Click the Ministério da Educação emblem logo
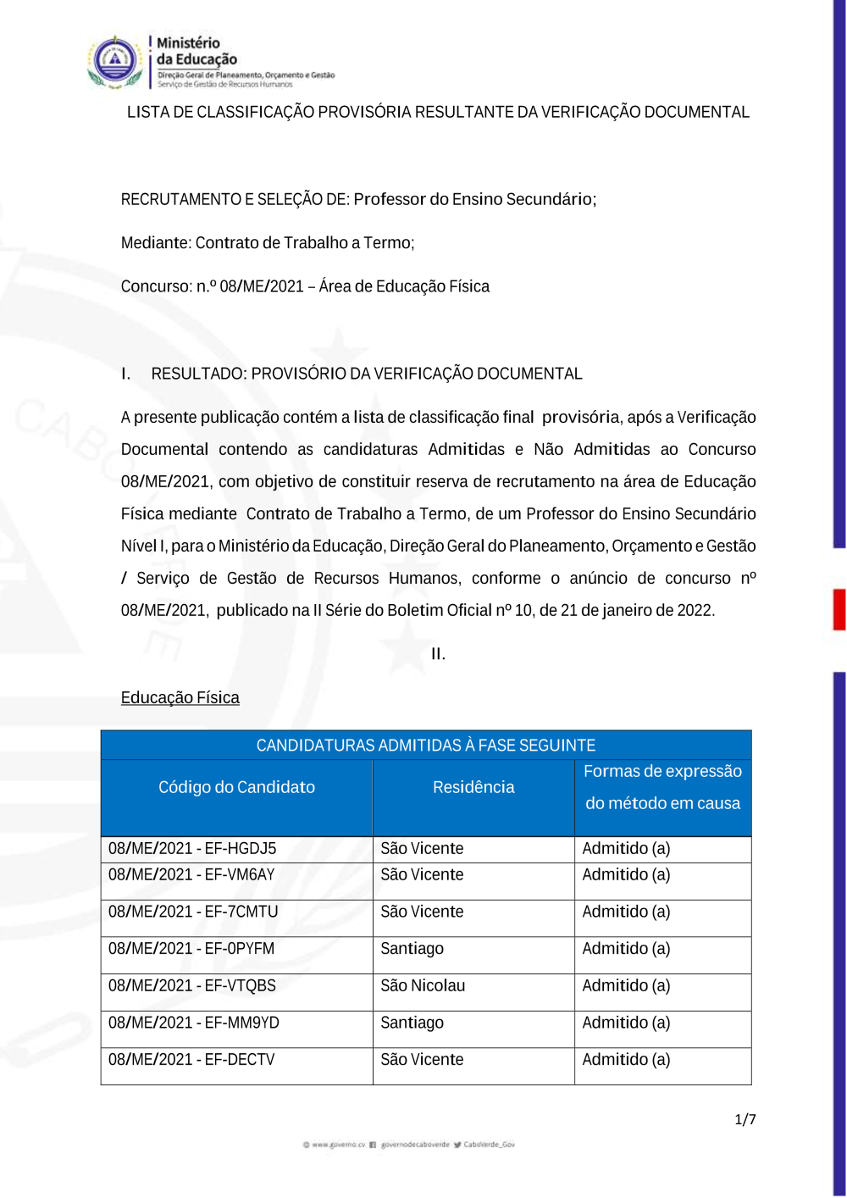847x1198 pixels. pyautogui.click(x=115, y=61)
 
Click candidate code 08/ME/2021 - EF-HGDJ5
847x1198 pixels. pyautogui.click(x=192, y=849)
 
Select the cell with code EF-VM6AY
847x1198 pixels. pyautogui.click(x=191, y=875)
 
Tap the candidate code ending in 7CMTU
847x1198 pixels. pyautogui.click(x=193, y=912)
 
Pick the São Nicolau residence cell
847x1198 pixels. pyautogui.click(x=423, y=986)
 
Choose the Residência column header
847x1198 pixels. pyautogui.click(x=473, y=788)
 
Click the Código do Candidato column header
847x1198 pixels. pyautogui.click(x=236, y=788)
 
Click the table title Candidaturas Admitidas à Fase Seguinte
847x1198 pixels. pyautogui.click(x=426, y=746)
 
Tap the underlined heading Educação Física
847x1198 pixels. pyautogui.click(x=180, y=698)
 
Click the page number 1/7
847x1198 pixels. pyautogui.click(x=745, y=1120)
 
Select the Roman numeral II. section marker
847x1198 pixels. pyautogui.click(x=438, y=654)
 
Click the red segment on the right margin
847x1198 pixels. pyautogui.click(x=839, y=609)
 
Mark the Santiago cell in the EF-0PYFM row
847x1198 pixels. pyautogui.click(x=412, y=949)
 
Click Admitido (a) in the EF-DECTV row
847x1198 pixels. pyautogui.click(x=626, y=1060)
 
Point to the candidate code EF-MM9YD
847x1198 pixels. pyautogui.click(x=194, y=1023)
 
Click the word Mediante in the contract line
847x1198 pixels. pyautogui.click(x=155, y=243)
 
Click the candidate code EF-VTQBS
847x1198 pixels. pyautogui.click(x=192, y=986)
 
